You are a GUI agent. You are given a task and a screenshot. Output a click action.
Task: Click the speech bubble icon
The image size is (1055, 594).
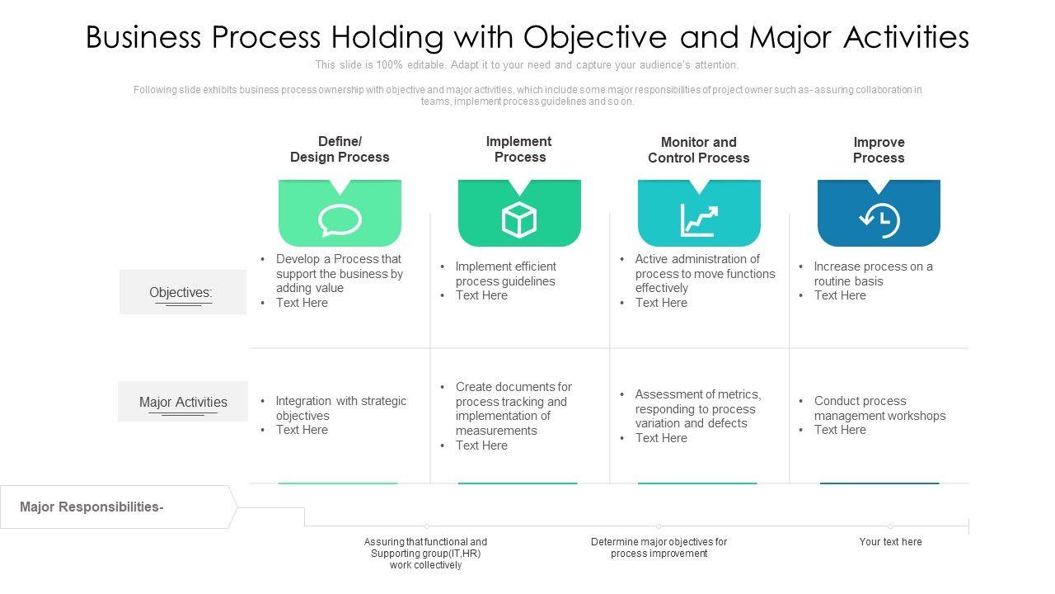[x=340, y=220]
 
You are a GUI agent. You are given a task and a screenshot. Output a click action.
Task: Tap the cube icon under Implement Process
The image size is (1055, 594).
[x=519, y=220]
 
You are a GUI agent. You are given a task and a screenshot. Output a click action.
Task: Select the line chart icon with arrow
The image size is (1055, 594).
[x=699, y=220]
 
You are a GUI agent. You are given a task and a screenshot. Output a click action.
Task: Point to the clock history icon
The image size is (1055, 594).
[x=879, y=220]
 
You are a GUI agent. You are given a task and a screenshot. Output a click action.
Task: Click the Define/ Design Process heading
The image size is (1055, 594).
[x=340, y=149]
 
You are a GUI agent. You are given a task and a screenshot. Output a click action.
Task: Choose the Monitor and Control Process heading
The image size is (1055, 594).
[x=699, y=150]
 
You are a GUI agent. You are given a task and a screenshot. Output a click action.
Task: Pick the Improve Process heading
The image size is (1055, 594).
[x=879, y=150]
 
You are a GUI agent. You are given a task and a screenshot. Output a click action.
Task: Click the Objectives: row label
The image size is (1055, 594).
[x=181, y=292]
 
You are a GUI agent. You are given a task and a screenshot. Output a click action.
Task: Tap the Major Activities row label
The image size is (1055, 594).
[x=183, y=402]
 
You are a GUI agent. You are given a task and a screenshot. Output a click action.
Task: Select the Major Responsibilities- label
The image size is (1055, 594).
[x=92, y=507]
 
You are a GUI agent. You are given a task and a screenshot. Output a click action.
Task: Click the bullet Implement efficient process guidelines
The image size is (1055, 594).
[x=505, y=274]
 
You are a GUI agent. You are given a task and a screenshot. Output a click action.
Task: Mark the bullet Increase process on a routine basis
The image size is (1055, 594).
[x=873, y=274]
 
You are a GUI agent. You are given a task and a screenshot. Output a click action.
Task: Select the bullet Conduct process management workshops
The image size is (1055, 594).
[x=879, y=408]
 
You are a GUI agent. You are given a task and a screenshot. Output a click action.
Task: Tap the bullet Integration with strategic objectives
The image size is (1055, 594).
[x=340, y=408]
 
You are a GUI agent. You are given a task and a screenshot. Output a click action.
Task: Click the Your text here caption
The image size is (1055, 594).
[x=890, y=542]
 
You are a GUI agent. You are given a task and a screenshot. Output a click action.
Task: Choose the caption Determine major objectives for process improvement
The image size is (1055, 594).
[x=659, y=548]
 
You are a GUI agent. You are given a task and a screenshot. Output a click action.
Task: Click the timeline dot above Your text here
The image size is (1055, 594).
[x=890, y=526]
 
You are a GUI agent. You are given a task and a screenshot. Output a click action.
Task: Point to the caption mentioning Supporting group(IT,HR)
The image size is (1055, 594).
[x=425, y=554]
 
